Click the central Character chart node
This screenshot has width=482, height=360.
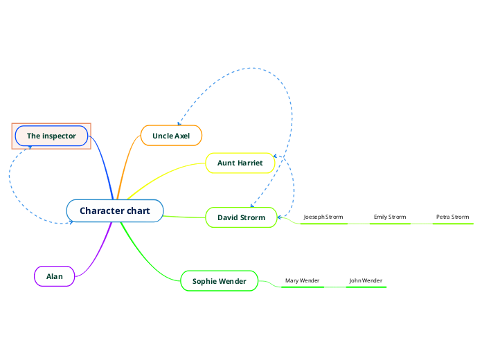point(115,210)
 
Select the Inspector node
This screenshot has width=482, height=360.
point(51,136)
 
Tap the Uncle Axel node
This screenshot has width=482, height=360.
point(171,136)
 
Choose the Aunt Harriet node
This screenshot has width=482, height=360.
point(240,163)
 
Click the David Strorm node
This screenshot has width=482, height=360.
point(241,217)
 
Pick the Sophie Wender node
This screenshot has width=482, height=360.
point(219,281)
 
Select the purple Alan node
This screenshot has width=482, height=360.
point(55,276)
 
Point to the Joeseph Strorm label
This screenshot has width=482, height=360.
point(323,217)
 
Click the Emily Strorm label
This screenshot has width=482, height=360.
point(390,217)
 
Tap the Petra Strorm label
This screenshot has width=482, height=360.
point(452,217)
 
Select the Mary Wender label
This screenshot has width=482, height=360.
point(302,280)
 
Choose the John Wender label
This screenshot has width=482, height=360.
point(366,280)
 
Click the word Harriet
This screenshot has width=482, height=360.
point(251,163)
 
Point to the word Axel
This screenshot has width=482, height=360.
point(182,136)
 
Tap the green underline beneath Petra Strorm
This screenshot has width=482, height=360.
point(452,224)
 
